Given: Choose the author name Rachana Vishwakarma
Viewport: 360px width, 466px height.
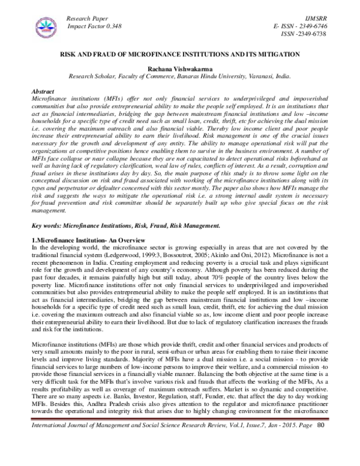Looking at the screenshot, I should [x=180, y=70].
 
